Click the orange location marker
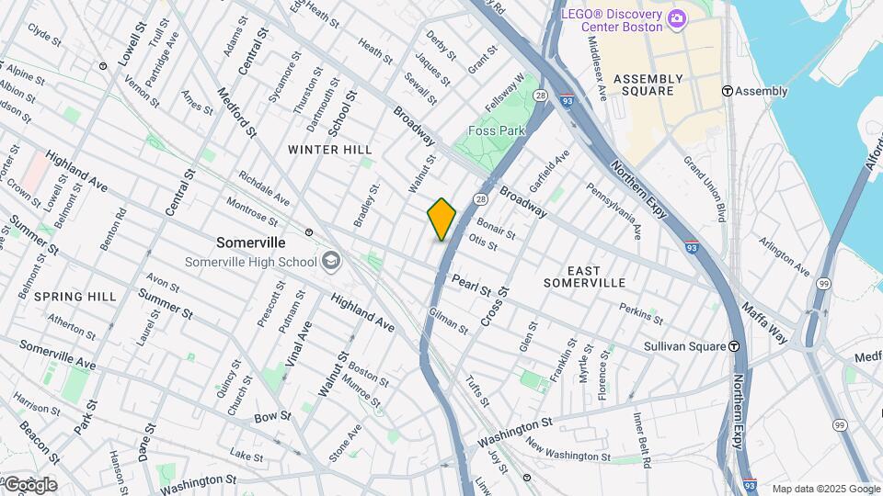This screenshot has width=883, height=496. (x=441, y=219)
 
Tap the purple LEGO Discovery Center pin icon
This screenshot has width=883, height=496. (x=677, y=17)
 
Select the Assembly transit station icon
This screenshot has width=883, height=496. (x=727, y=91)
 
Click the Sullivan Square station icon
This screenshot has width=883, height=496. (x=734, y=346)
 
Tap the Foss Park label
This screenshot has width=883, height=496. (x=497, y=130)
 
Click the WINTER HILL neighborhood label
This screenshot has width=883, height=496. (x=329, y=149)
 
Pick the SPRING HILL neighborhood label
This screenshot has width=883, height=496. (x=75, y=297)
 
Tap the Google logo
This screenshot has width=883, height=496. (x=29, y=484)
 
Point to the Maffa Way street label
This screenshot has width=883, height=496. (x=765, y=322)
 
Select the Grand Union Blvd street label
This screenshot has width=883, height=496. (x=705, y=188)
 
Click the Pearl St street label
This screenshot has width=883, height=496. (x=471, y=284)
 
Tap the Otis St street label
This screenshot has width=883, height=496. (x=483, y=242)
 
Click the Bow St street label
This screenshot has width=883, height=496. (x=272, y=416)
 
